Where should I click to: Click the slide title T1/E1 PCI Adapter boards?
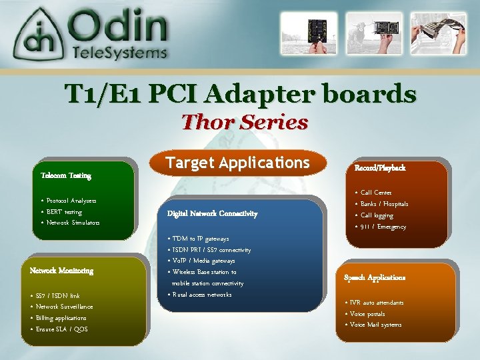coord(240,94)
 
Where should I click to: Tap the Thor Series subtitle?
coord(245,123)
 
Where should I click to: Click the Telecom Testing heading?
coord(66,176)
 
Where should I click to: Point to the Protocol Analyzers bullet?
coord(71,201)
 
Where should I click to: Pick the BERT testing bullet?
coord(64,212)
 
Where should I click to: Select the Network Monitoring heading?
coord(61,271)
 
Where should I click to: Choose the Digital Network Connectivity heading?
coord(212,214)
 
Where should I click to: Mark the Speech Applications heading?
coord(375,277)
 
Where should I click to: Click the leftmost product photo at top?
coord(305,33)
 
